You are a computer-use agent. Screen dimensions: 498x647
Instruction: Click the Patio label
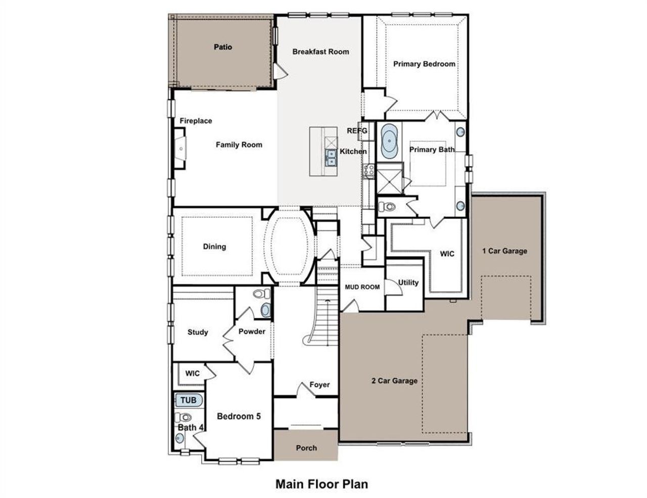pyautogui.click(x=222, y=47)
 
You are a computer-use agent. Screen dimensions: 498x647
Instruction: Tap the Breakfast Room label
pyautogui.click(x=320, y=52)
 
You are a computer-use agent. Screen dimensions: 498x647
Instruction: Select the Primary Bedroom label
pyautogui.click(x=424, y=64)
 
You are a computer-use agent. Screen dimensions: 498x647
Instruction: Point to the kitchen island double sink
pyautogui.click(x=331, y=158)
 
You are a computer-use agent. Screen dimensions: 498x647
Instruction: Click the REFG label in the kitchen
pyautogui.click(x=357, y=131)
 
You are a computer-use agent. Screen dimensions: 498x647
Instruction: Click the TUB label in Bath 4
pyautogui.click(x=189, y=400)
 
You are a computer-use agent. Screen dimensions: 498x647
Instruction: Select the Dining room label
pyautogui.click(x=214, y=247)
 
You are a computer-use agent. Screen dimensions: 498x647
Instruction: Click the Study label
pyautogui.click(x=198, y=332)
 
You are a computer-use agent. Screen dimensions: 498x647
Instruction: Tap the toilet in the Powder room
pyautogui.click(x=261, y=294)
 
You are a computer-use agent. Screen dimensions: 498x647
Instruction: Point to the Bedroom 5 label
pyautogui.click(x=239, y=417)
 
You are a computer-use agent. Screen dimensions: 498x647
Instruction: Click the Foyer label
pyautogui.click(x=319, y=385)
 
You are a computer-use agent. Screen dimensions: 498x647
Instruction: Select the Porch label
pyautogui.click(x=306, y=448)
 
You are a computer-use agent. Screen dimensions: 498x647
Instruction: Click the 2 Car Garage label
pyautogui.click(x=394, y=381)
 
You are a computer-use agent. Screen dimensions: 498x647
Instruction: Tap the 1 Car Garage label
pyautogui.click(x=504, y=251)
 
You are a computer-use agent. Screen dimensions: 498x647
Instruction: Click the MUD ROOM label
pyautogui.click(x=362, y=287)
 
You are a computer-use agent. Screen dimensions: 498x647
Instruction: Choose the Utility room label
pyautogui.click(x=408, y=283)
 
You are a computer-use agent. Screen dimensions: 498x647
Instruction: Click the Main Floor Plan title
pyautogui.click(x=321, y=484)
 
